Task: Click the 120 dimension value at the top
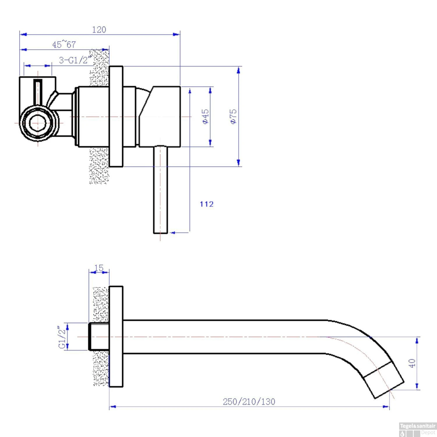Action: [x=99, y=30]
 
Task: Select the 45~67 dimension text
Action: [x=64, y=45]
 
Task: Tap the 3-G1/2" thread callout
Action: [x=75, y=60]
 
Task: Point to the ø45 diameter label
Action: [x=206, y=117]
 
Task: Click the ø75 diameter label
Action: [x=233, y=117]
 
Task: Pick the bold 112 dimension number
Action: [x=207, y=204]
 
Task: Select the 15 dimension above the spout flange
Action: [x=99, y=268]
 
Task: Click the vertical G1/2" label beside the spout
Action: [x=62, y=337]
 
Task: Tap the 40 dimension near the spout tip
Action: [x=412, y=363]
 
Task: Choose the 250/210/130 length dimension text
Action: [x=249, y=402]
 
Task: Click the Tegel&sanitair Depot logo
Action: [x=417, y=429]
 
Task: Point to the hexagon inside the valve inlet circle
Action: [x=38, y=123]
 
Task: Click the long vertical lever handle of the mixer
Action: [x=161, y=189]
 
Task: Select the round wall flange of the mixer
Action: [x=116, y=117]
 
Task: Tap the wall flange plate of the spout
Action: [x=116, y=336]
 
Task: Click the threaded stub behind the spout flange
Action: [x=98, y=336]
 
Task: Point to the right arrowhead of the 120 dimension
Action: [x=176, y=34]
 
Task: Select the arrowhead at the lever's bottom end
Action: [x=172, y=232]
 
